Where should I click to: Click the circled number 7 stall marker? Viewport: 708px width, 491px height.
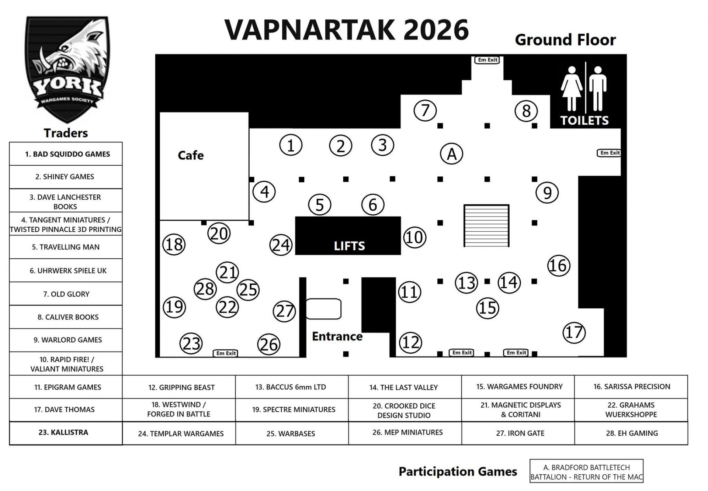tap(425, 110)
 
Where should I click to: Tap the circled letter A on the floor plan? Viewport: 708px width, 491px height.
tap(451, 154)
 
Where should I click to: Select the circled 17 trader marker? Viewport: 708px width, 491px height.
tap(574, 332)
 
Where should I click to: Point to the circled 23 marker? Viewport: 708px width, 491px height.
tap(191, 343)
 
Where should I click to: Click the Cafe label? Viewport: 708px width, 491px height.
tap(191, 155)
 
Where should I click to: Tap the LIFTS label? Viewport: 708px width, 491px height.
tap(349, 246)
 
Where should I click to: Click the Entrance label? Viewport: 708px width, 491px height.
tap(337, 336)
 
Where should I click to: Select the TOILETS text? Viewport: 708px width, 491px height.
tap(584, 120)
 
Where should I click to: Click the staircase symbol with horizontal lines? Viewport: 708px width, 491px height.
tap(486, 225)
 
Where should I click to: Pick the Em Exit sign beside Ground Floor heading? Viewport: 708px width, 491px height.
tap(487, 60)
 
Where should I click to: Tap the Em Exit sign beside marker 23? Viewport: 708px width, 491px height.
tap(226, 353)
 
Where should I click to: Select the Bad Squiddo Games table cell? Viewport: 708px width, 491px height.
tap(66, 154)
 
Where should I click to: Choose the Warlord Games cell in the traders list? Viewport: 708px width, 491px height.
tap(66, 340)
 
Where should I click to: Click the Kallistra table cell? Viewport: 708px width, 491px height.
tap(66, 433)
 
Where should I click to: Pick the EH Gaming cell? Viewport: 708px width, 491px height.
tap(631, 433)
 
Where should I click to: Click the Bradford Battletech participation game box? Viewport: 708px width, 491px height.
tap(586, 472)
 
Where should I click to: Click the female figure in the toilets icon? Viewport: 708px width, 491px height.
tap(572, 89)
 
